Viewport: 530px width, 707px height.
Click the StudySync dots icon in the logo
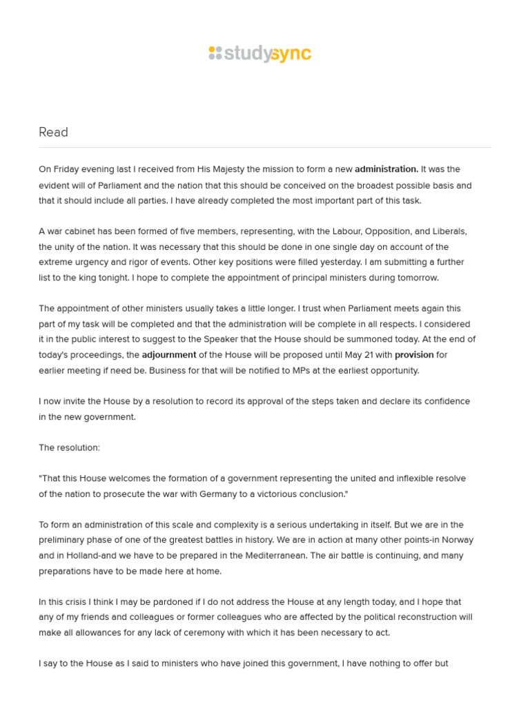[x=215, y=53]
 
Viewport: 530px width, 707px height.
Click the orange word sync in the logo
[x=291, y=54]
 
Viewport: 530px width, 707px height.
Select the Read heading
[x=53, y=132]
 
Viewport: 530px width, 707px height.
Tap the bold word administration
[x=386, y=169]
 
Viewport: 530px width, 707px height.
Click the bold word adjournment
[x=169, y=355]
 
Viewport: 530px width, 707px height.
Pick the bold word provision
[x=414, y=355]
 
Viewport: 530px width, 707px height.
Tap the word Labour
[x=344, y=231]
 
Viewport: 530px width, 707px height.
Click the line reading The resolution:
[x=69, y=447]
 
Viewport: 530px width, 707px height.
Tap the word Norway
[x=457, y=540]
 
